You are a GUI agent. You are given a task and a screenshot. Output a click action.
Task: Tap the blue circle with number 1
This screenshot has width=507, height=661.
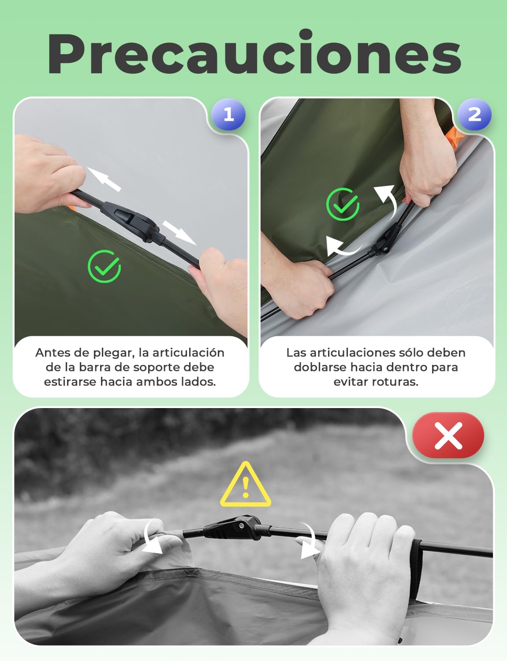228,115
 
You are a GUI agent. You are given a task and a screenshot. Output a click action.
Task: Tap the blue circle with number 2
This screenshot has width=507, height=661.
474,115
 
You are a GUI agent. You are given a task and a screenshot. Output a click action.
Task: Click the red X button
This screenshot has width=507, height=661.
448,435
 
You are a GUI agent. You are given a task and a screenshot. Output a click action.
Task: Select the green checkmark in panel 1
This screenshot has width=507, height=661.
104,267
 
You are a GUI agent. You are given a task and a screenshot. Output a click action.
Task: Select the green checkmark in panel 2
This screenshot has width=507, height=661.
343,204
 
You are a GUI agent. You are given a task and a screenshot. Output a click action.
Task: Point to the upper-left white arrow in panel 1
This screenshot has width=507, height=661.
104,179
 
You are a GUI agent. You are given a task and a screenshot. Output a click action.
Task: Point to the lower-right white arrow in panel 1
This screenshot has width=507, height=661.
179,233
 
